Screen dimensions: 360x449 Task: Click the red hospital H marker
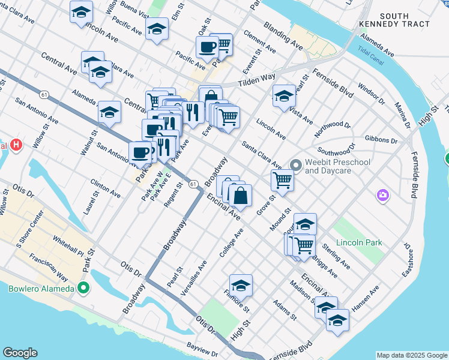pyautogui.click(x=16, y=145)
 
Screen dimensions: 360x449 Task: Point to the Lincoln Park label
pyautogui.click(x=359, y=243)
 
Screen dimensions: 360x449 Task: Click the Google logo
pyautogui.click(x=20, y=353)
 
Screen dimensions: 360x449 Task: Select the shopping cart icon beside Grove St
pyautogui.click(x=282, y=178)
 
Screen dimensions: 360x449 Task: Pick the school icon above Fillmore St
pyautogui.click(x=241, y=284)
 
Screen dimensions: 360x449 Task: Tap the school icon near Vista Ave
pyautogui.click(x=284, y=95)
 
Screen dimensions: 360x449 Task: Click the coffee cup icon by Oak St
pyautogui.click(x=207, y=46)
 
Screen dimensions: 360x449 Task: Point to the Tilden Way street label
pyautogui.click(x=257, y=80)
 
